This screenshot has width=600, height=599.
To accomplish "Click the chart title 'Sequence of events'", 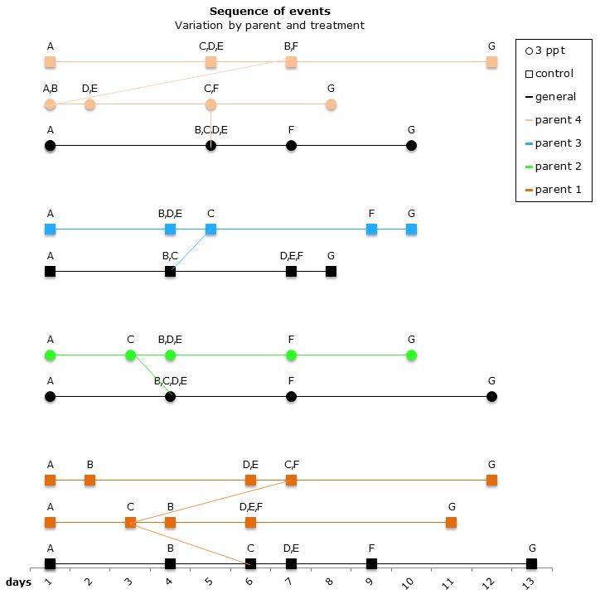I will [269, 11].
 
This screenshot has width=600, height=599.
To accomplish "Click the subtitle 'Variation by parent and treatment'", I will [269, 25].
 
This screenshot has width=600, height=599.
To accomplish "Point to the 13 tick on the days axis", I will [531, 584].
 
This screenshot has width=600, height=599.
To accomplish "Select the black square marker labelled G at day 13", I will [531, 564].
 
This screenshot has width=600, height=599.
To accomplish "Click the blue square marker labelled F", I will [371, 229].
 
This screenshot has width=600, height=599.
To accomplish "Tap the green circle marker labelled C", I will [130, 355].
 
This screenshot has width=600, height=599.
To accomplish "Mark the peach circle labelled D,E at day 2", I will [90, 104].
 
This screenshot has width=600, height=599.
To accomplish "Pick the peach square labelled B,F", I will [291, 62].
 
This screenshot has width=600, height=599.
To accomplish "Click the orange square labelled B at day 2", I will [90, 480].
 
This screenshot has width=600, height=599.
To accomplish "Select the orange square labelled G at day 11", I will [451, 522].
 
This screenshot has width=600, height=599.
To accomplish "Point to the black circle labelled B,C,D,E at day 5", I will [210, 146].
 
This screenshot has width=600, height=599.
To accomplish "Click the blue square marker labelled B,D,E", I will [170, 229].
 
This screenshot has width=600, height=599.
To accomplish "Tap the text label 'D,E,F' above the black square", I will [291, 256].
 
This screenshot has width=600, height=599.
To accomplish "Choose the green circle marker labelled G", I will [411, 355].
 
